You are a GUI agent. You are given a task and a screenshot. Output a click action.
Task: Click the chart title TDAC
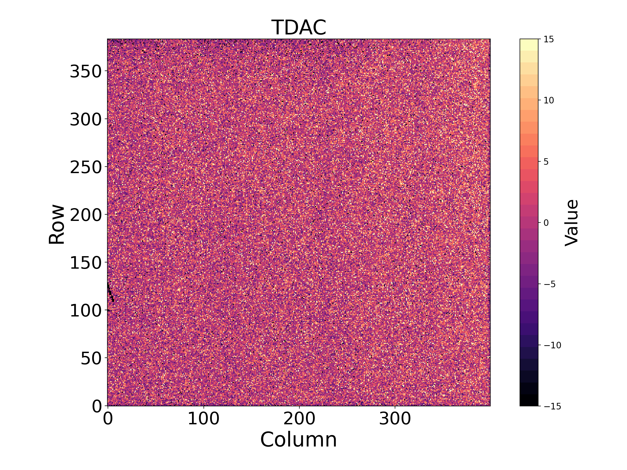[299, 27]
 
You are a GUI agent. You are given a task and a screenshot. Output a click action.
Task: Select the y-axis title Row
[57, 224]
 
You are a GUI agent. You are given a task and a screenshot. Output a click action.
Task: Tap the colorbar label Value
[571, 223]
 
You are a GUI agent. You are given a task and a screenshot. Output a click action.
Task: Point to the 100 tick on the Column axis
[204, 419]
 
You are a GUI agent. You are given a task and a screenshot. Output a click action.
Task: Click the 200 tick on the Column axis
[299, 419]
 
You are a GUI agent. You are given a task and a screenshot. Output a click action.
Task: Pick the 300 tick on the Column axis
[395, 419]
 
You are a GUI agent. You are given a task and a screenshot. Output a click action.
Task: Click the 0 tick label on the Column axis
[108, 419]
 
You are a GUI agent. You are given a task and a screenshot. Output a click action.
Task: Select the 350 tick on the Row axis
[86, 71]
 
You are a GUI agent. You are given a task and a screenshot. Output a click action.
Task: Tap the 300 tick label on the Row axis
[86, 119]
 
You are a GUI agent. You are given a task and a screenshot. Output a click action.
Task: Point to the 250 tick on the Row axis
[86, 167]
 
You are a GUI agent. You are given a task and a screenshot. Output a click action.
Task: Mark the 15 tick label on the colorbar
[549, 39]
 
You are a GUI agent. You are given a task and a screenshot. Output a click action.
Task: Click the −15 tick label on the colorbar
[552, 406]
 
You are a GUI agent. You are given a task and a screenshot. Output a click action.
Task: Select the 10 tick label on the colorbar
[549, 100]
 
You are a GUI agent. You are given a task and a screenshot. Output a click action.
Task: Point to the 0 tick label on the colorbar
[546, 223]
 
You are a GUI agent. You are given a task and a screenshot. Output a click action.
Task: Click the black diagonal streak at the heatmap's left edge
[111, 292]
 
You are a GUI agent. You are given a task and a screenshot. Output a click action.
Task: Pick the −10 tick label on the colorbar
[552, 345]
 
